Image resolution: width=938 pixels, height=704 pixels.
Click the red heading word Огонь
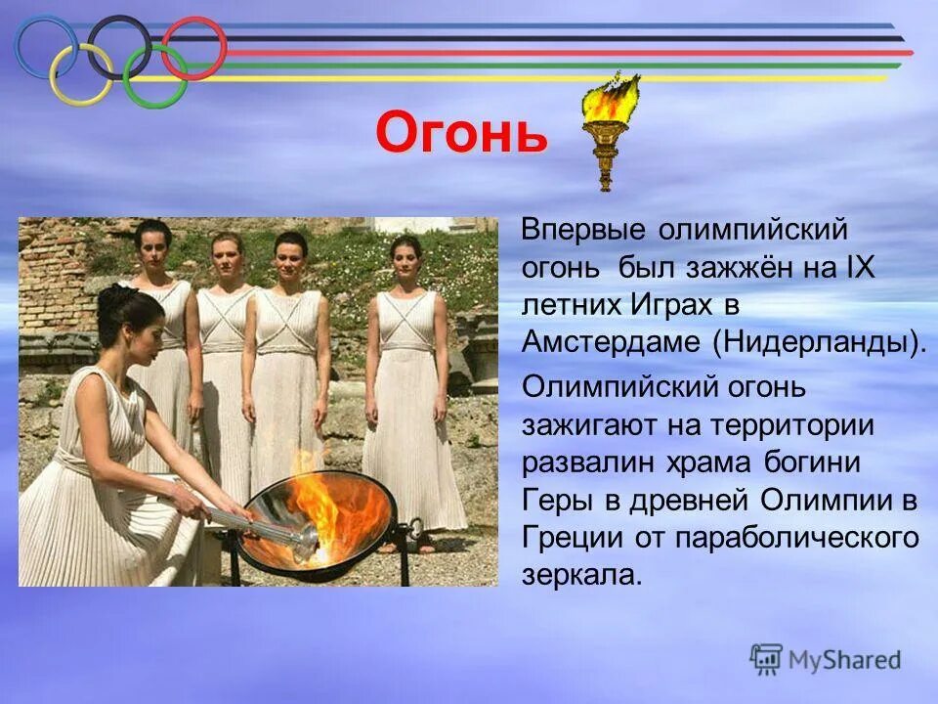(461, 134)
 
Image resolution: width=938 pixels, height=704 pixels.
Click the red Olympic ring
(193, 46)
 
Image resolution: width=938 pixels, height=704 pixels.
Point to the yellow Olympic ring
(81, 76)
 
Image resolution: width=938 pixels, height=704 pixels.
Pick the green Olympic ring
(155, 76)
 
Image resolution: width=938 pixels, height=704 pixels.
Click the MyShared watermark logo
(826, 659)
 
